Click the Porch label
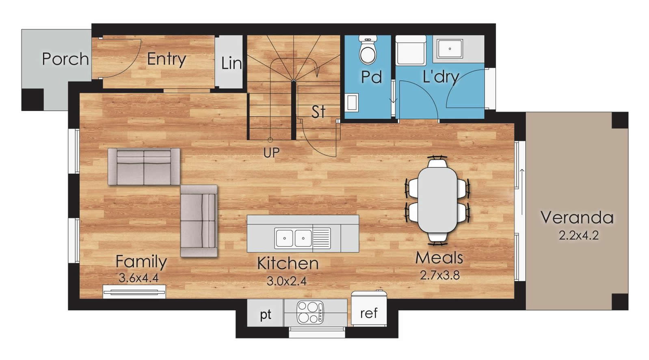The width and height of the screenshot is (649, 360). (x=65, y=59)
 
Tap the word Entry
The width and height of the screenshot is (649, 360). (x=167, y=60)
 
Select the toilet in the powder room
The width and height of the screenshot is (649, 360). (x=368, y=50)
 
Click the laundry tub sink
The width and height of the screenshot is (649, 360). (x=450, y=49)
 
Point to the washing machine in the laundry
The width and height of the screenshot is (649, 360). (x=411, y=50)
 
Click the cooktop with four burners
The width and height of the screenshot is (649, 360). (x=310, y=313)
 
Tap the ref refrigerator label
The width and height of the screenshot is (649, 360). (x=369, y=313)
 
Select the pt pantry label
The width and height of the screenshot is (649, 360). (x=266, y=315)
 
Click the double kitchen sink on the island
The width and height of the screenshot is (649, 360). (x=294, y=238)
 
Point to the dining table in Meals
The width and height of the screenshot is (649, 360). (x=438, y=200)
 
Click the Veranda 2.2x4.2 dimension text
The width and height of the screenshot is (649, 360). (x=578, y=235)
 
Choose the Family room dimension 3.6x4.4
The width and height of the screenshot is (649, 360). (x=138, y=278)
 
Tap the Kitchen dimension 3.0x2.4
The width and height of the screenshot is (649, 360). (x=286, y=281)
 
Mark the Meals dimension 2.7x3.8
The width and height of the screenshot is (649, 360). (x=440, y=275)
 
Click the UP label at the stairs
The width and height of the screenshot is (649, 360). (x=271, y=153)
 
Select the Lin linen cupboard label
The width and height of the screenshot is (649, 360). (x=231, y=63)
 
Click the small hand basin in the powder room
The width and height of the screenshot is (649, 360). (x=352, y=102)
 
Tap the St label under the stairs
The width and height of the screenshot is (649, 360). (x=318, y=112)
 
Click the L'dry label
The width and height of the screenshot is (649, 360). (x=441, y=77)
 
